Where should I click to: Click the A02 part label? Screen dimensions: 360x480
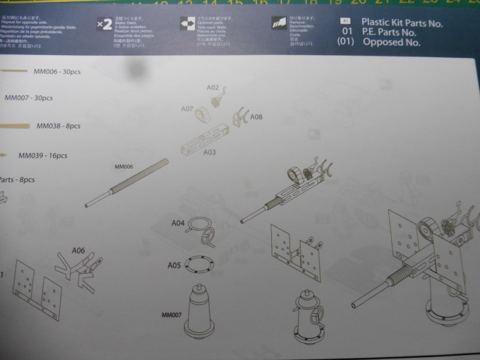(213, 88)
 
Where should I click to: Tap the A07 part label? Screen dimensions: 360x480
(187, 109)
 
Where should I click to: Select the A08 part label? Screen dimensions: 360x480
(256, 116)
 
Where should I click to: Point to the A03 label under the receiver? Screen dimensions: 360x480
(209, 152)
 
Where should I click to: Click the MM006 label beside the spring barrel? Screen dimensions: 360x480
(122, 167)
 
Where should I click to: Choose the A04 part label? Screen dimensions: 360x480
(178, 223)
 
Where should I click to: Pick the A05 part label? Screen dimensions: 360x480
(174, 265)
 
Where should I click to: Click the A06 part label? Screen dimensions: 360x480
(78, 250)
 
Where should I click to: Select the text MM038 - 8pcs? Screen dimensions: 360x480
(58, 126)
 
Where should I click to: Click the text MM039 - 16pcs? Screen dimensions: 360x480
(43, 155)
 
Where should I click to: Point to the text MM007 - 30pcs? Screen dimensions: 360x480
(29, 97)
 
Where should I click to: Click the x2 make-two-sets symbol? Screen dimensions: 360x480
(104, 24)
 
